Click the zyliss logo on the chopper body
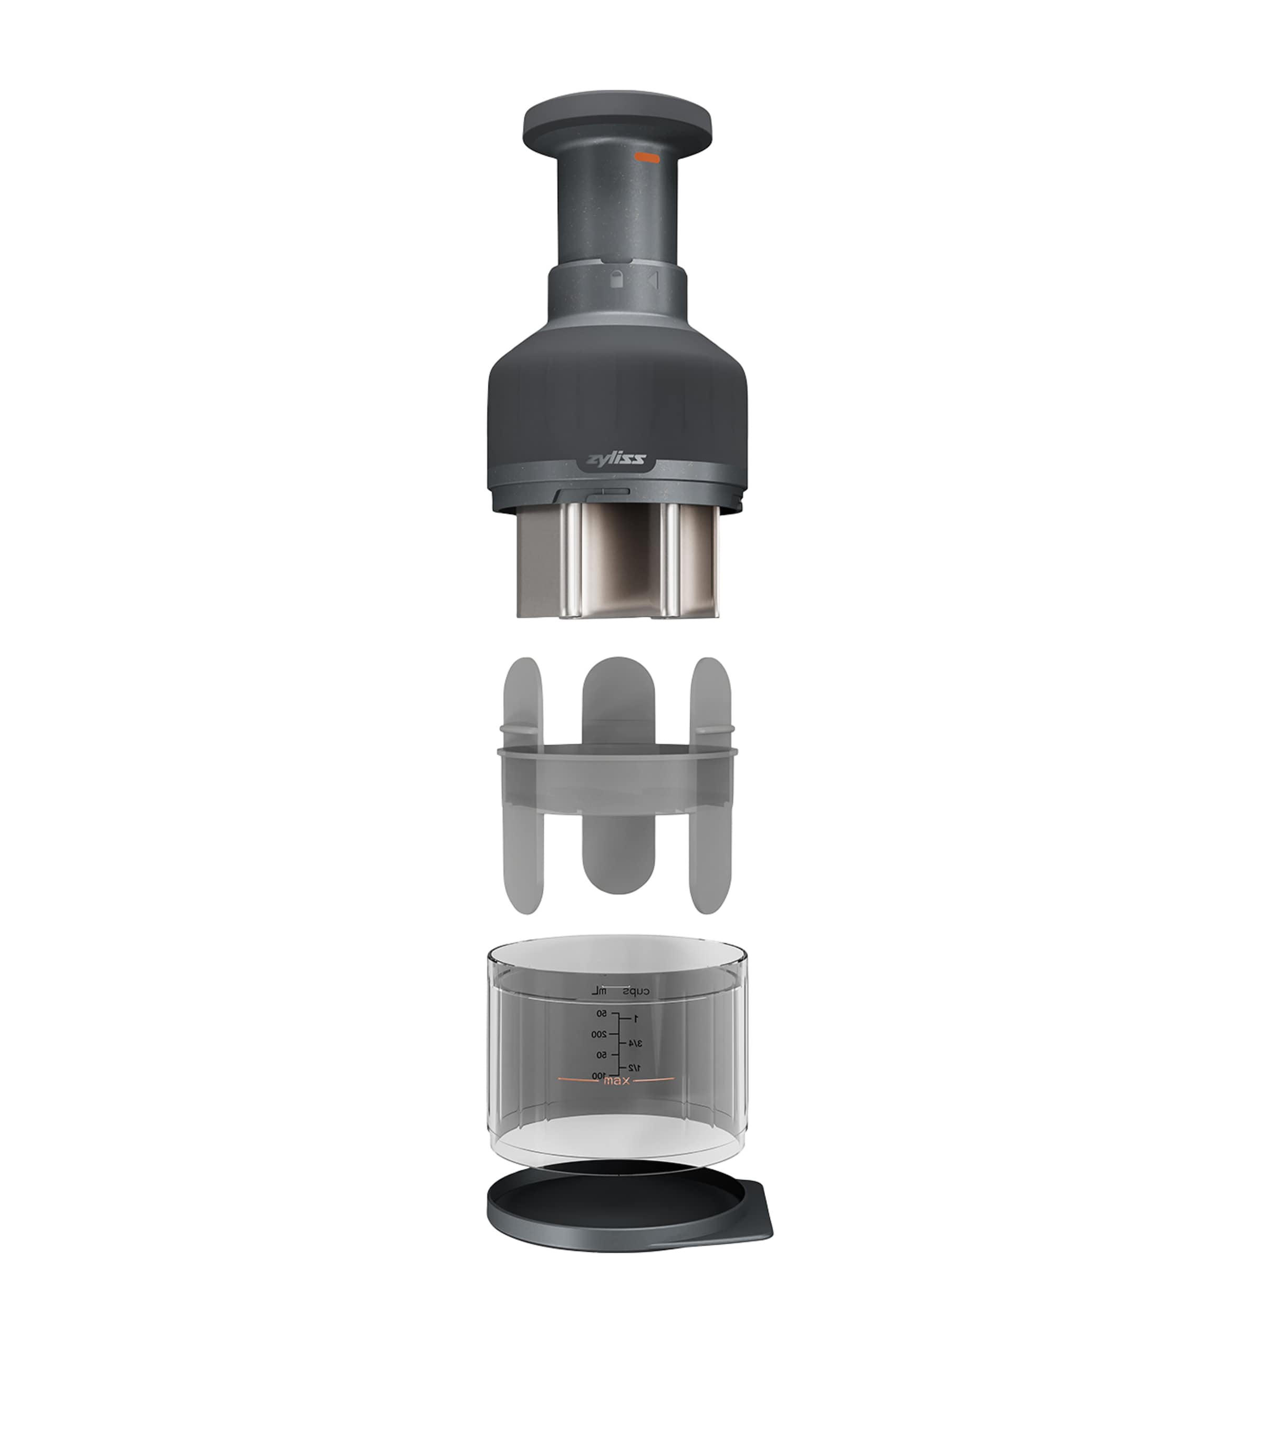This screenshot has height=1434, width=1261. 615,460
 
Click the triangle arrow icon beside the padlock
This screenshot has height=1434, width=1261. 654,281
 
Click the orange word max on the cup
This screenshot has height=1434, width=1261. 616,1081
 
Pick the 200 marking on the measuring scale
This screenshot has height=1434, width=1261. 598,1034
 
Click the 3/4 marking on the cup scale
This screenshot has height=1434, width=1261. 634,1043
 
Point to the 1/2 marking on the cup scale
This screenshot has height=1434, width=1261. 633,1067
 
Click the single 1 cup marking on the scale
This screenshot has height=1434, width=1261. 635,1018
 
